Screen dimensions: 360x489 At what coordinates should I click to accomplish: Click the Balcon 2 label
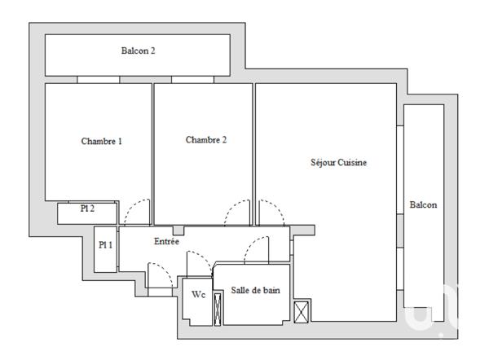(139, 50)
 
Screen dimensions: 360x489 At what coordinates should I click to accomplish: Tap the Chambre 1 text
(102, 141)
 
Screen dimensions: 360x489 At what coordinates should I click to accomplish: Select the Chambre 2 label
(206, 140)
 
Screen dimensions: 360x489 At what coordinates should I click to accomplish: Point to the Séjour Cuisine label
(339, 162)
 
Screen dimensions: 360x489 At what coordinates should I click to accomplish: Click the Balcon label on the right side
(423, 205)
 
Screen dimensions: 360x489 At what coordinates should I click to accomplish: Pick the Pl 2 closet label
(87, 209)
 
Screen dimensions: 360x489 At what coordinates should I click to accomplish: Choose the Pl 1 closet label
(105, 244)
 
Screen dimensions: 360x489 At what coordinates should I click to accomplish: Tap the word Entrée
(167, 242)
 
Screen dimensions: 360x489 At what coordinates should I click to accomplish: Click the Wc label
(199, 295)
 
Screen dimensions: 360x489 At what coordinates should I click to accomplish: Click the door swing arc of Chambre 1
(137, 210)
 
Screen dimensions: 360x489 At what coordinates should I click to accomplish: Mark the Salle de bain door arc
(257, 248)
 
